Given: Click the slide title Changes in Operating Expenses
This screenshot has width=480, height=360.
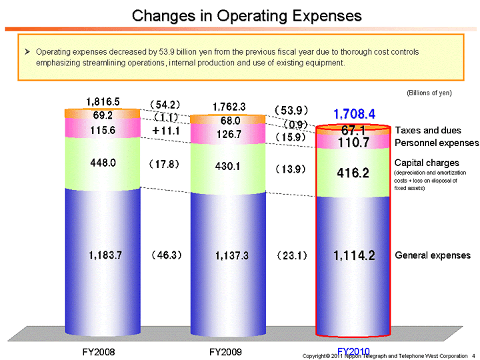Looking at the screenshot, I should point(247,15).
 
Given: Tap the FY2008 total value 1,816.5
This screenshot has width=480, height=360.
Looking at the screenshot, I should point(103,101).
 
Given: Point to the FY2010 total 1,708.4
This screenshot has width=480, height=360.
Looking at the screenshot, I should point(354,114).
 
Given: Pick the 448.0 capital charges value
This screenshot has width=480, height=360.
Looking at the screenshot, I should point(104,162).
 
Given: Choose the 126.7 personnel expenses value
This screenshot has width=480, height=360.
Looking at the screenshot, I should point(229,134).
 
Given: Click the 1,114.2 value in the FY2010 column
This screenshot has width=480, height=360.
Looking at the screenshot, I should point(354,255).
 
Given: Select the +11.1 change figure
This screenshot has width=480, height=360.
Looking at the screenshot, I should point(166,131).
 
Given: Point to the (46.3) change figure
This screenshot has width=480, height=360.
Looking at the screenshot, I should point(166,255).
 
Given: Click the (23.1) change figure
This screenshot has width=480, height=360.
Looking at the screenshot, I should point(291,255).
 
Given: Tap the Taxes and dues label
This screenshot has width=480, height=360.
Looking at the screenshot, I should point(427,130).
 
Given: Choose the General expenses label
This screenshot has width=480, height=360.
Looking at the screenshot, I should point(433,255).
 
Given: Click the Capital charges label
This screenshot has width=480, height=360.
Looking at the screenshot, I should point(427,163).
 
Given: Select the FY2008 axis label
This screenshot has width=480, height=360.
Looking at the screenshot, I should point(104,351).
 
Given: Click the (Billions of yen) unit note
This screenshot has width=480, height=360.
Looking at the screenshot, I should point(429,93).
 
